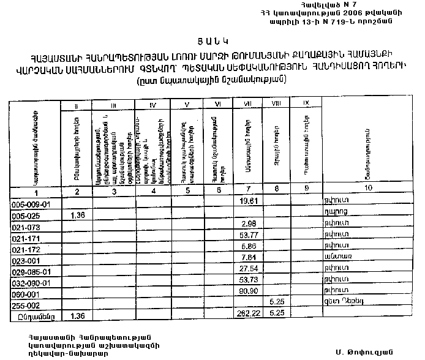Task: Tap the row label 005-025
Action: click(28, 216)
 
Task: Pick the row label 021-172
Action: click(29, 249)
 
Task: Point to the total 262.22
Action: click(247, 313)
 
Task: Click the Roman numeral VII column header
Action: click(248, 103)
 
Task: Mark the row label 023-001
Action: click(28, 260)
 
